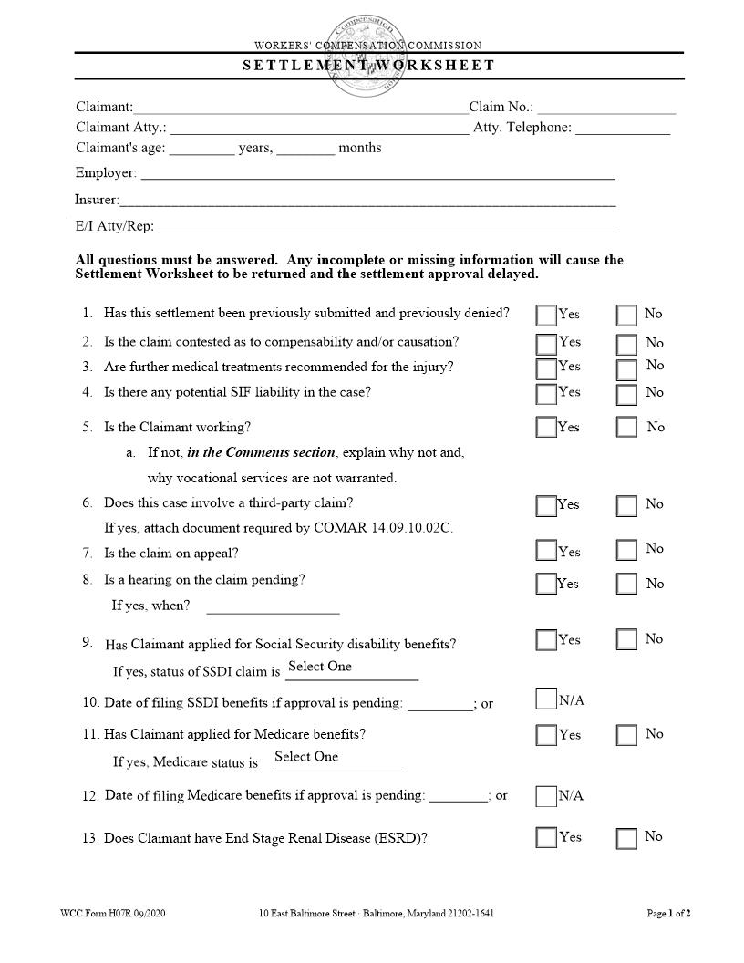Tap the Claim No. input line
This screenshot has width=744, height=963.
pyautogui.click(x=605, y=109)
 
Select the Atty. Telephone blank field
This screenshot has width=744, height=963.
pyautogui.click(x=622, y=129)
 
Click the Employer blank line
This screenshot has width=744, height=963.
pyautogui.click(x=377, y=174)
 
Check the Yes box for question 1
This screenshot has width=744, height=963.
pyautogui.click(x=546, y=316)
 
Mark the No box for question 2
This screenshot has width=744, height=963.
pyautogui.click(x=626, y=345)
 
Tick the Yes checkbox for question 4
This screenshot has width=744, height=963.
pyautogui.click(x=546, y=394)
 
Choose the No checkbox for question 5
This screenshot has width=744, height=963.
pyautogui.click(x=626, y=427)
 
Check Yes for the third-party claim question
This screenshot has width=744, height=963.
pyautogui.click(x=546, y=506)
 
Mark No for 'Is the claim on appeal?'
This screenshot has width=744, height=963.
pyautogui.click(x=626, y=550)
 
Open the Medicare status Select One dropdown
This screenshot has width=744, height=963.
pyautogui.click(x=339, y=759)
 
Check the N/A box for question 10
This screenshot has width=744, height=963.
pyautogui.click(x=546, y=699)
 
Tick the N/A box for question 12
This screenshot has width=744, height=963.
pyautogui.click(x=546, y=796)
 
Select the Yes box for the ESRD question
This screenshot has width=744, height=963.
pyautogui.click(x=546, y=837)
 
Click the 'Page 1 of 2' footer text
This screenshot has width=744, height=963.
pyautogui.click(x=668, y=913)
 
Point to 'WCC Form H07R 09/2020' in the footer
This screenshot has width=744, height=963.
pyautogui.click(x=113, y=913)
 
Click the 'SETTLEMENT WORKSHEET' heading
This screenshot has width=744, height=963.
pyautogui.click(x=368, y=66)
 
